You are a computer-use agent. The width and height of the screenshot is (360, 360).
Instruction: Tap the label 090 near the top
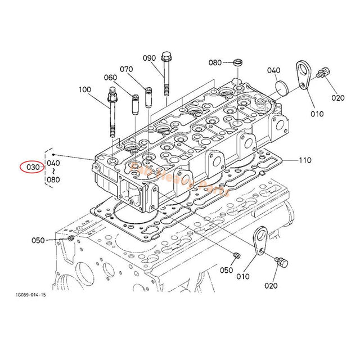pos(149,58)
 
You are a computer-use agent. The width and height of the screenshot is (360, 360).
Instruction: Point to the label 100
pos(84,89)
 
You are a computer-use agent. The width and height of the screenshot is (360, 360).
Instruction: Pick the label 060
pos(110,78)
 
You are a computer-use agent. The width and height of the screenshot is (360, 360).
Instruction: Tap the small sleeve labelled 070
pos(149,96)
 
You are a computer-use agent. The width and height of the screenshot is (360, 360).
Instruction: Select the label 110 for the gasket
pos(304,160)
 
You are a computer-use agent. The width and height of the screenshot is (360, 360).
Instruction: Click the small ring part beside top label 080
pos(237,62)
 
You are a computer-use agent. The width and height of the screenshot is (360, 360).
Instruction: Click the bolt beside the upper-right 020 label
pos(323,73)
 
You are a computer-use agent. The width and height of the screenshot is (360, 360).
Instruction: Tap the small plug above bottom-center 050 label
pos(236,256)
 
